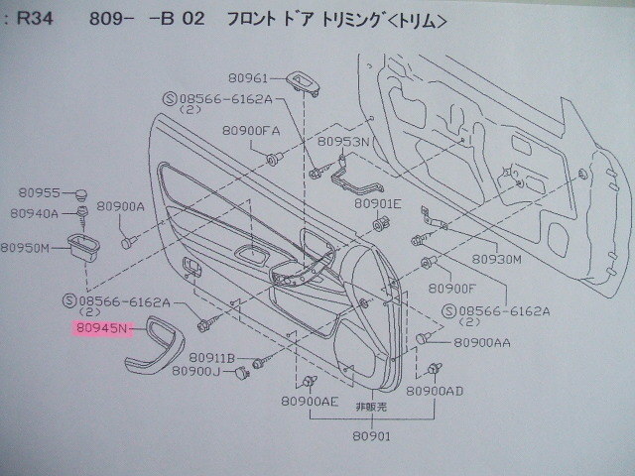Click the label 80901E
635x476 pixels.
[377, 204]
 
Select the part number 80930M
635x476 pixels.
[496, 259]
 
